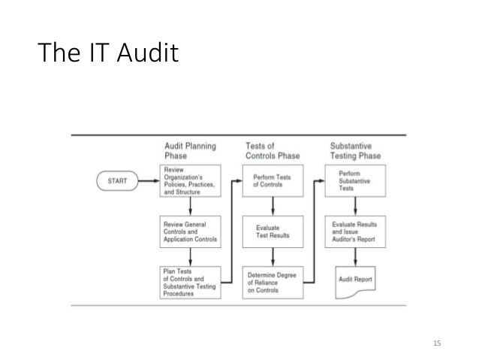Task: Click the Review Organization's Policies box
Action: coord(191,181)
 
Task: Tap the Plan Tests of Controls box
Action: coord(191,283)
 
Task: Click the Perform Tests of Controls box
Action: coord(273,181)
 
